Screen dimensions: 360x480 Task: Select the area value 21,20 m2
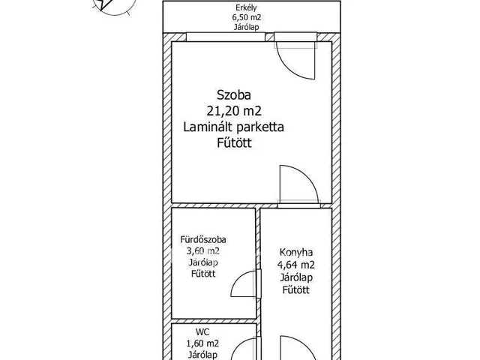(234, 111)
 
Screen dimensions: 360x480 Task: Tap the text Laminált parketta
(234, 127)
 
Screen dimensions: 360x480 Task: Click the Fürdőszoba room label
(200, 241)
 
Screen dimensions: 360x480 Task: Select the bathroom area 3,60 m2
(200, 251)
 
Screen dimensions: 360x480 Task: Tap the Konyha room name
(295, 253)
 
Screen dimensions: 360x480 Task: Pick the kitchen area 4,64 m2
(295, 265)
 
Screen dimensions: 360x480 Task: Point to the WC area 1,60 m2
(200, 343)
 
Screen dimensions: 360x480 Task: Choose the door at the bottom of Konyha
(295, 348)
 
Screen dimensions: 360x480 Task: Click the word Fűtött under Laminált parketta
(233, 143)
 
